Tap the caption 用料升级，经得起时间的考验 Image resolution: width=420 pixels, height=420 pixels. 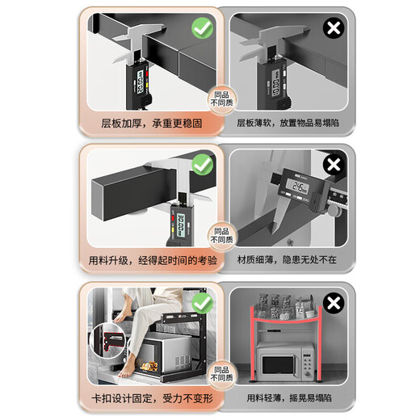[145, 260]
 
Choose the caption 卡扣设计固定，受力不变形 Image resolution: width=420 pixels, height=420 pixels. [145, 397]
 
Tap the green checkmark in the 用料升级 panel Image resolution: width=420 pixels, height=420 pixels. [202, 166]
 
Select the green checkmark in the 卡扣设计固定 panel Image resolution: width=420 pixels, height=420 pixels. [202, 304]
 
